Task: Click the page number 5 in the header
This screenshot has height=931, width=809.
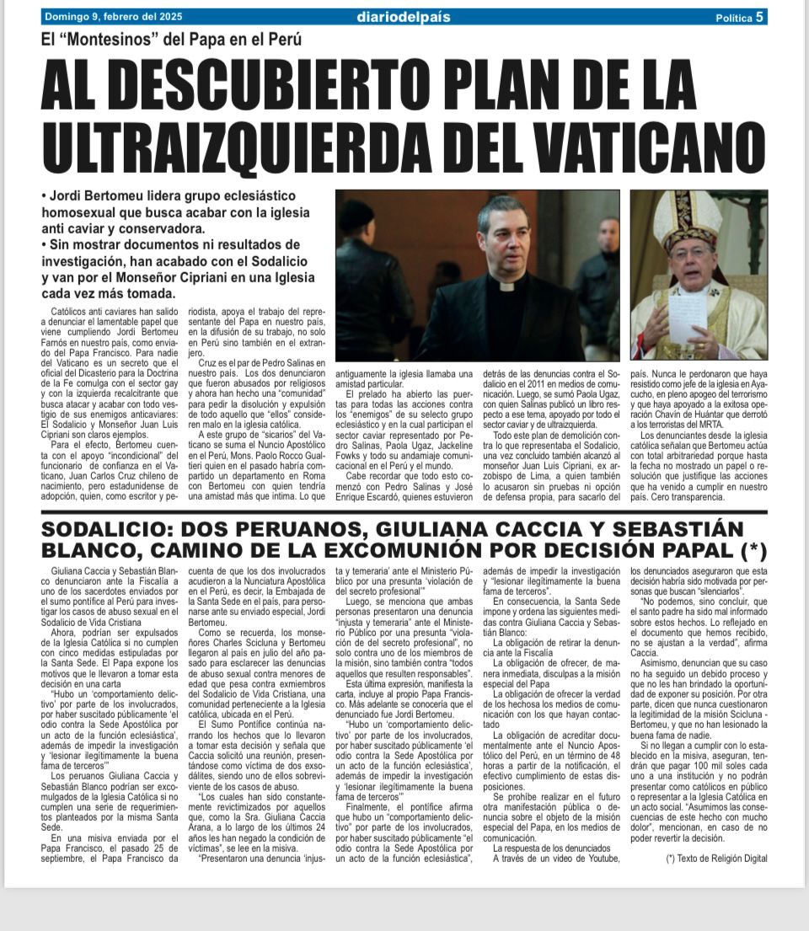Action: pyautogui.click(x=760, y=17)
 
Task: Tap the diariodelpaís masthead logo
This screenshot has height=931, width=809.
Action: pyautogui.click(x=402, y=17)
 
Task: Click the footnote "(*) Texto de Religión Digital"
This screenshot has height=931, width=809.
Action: pyautogui.click(x=716, y=858)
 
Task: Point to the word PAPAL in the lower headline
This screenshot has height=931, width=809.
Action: pyautogui.click(x=692, y=551)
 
